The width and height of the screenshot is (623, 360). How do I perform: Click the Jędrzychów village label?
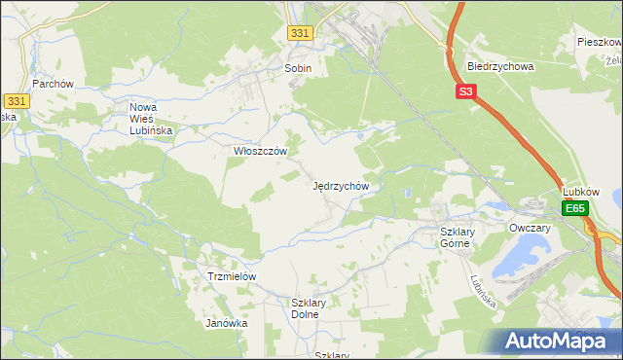click(x=340, y=185)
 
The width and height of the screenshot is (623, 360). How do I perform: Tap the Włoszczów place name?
click(x=260, y=152)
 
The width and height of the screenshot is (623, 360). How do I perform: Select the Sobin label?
click(x=298, y=69)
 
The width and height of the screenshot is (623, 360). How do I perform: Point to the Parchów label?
click(x=54, y=84)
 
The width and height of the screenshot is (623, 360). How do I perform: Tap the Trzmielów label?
click(x=232, y=276)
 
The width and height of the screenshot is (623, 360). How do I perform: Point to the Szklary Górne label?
click(x=456, y=237)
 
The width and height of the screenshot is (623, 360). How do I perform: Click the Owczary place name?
click(x=531, y=228)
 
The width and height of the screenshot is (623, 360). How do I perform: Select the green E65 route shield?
click(x=575, y=209)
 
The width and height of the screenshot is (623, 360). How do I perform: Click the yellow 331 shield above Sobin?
click(x=301, y=34)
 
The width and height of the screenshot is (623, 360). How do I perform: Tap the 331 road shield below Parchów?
click(x=16, y=101)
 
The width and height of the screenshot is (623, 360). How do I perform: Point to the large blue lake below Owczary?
click(x=516, y=260)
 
